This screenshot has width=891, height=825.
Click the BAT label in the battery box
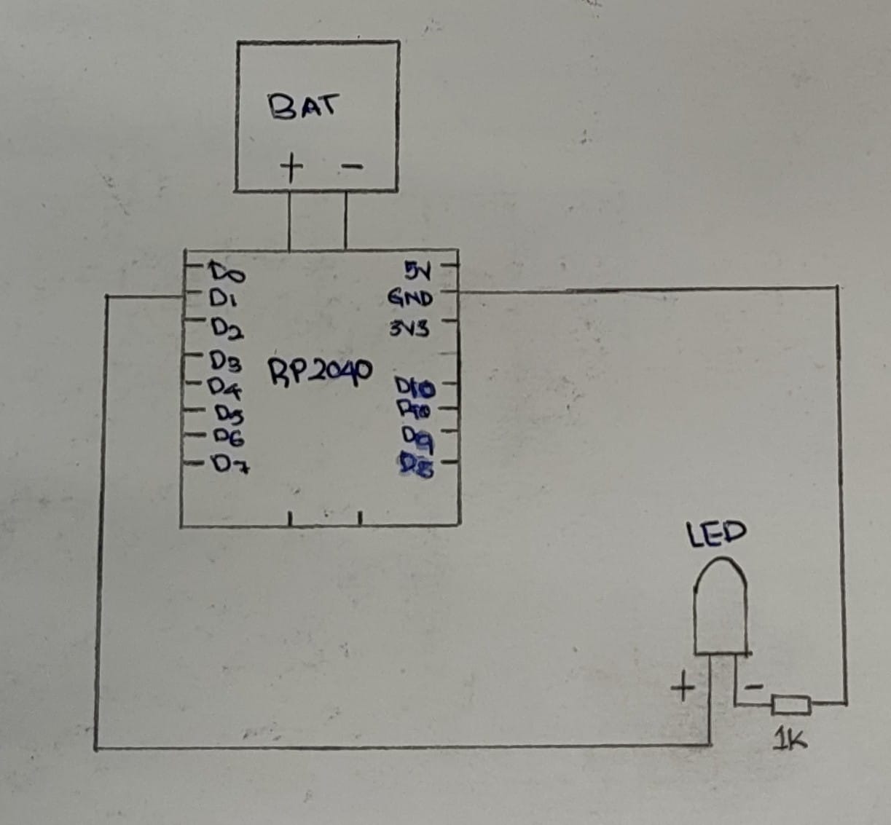pos(303,107)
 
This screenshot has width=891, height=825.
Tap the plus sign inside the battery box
pos(291,168)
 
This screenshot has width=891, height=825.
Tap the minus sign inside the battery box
pos(351,167)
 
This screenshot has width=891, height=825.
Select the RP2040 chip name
pos(321,372)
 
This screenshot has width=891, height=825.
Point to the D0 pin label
pos(227,272)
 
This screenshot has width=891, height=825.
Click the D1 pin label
pos(221,299)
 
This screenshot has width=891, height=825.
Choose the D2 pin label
pos(227,329)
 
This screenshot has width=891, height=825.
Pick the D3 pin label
pos(226,360)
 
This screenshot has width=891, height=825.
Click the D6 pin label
pos(229,437)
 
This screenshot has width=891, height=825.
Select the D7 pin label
pos(230,463)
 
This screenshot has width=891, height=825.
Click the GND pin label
pos(410,298)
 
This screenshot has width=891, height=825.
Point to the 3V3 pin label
pos(409,329)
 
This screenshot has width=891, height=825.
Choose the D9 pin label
pos(418,437)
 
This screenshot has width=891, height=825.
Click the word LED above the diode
pos(717,533)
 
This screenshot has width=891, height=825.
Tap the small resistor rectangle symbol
pos(791,704)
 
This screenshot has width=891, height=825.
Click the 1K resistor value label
pos(790,741)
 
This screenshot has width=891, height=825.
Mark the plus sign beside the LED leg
pos(683,687)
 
